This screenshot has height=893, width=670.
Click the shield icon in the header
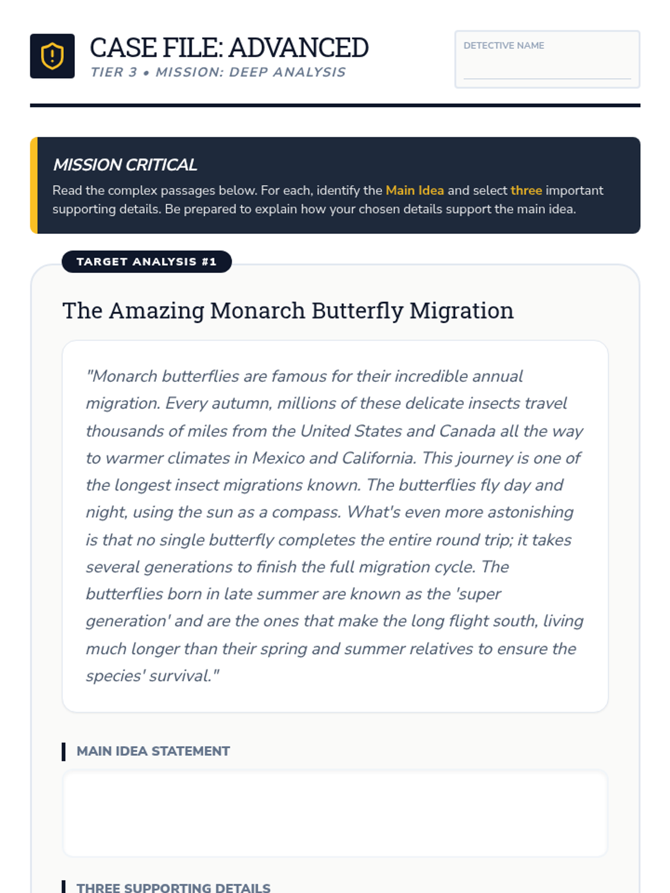(52, 56)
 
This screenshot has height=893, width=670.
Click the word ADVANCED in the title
(299, 48)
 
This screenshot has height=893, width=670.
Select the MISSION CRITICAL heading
(125, 165)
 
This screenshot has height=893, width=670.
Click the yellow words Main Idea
(414, 190)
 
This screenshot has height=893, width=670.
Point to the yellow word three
(526, 190)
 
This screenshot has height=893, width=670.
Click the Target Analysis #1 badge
(146, 262)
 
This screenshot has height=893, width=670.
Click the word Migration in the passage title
(461, 311)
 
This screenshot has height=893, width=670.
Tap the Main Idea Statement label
(153, 751)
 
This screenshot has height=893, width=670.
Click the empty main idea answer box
(335, 814)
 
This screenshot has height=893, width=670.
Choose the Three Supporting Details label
(173, 887)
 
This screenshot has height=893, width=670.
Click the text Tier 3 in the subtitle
(114, 73)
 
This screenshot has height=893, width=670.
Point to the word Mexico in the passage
(278, 458)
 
